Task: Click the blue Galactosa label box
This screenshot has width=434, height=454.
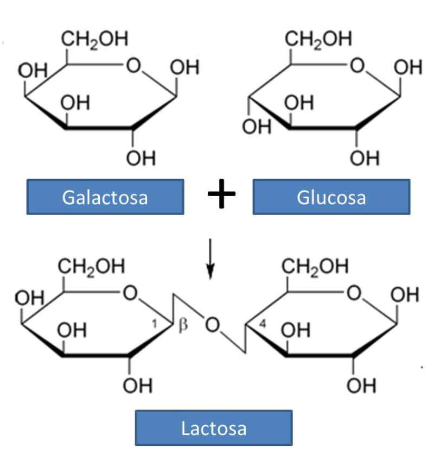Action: tap(105, 197)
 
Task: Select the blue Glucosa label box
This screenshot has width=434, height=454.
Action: tap(331, 197)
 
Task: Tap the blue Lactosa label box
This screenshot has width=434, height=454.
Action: tap(213, 428)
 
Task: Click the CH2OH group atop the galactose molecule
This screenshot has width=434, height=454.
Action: tap(94, 39)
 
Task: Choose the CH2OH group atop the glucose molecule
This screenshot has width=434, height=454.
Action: tap(318, 39)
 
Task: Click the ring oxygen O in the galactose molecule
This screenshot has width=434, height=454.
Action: tap(132, 66)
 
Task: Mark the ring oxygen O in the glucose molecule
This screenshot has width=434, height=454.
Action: tap(356, 66)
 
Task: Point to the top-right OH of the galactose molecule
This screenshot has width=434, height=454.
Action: tap(184, 68)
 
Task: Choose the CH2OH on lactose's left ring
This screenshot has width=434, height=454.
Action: tap(91, 267)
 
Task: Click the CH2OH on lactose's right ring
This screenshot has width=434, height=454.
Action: tap(315, 267)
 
